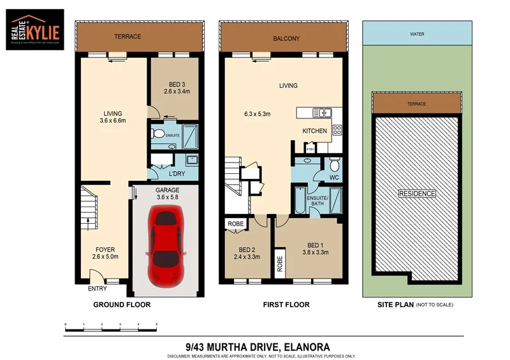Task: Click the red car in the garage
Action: (x=167, y=245)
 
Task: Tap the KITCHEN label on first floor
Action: (x=314, y=131)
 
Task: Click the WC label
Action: (x=333, y=178)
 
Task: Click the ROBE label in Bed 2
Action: (x=235, y=224)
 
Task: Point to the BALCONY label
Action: (x=286, y=38)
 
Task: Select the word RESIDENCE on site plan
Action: (x=417, y=194)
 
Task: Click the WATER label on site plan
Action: (x=417, y=34)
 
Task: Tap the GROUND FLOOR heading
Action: (x=122, y=305)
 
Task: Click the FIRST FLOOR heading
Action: (x=286, y=305)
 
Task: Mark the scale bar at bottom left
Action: (x=111, y=326)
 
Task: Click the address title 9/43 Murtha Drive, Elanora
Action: (x=257, y=346)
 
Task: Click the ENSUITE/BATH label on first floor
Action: (x=317, y=201)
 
